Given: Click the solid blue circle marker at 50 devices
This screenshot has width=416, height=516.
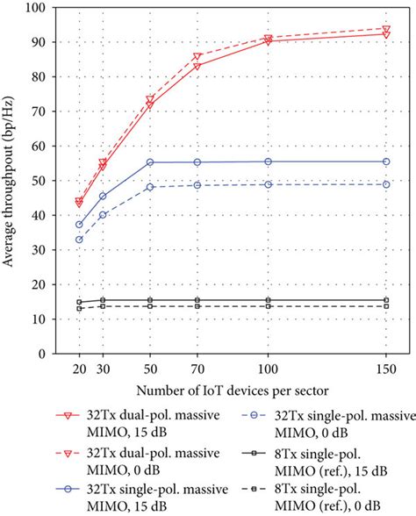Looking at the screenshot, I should (x=150, y=162).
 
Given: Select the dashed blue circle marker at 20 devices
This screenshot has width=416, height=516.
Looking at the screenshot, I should (x=79, y=240).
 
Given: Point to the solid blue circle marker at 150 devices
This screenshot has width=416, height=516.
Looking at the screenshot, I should (x=386, y=161).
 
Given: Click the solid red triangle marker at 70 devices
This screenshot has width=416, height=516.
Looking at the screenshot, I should (x=197, y=66).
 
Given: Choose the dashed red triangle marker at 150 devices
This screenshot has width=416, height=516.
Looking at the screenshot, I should (x=386, y=29).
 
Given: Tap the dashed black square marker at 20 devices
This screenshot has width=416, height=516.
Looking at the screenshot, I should (x=79, y=308).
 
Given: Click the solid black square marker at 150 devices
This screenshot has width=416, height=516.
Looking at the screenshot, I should (x=386, y=300).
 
